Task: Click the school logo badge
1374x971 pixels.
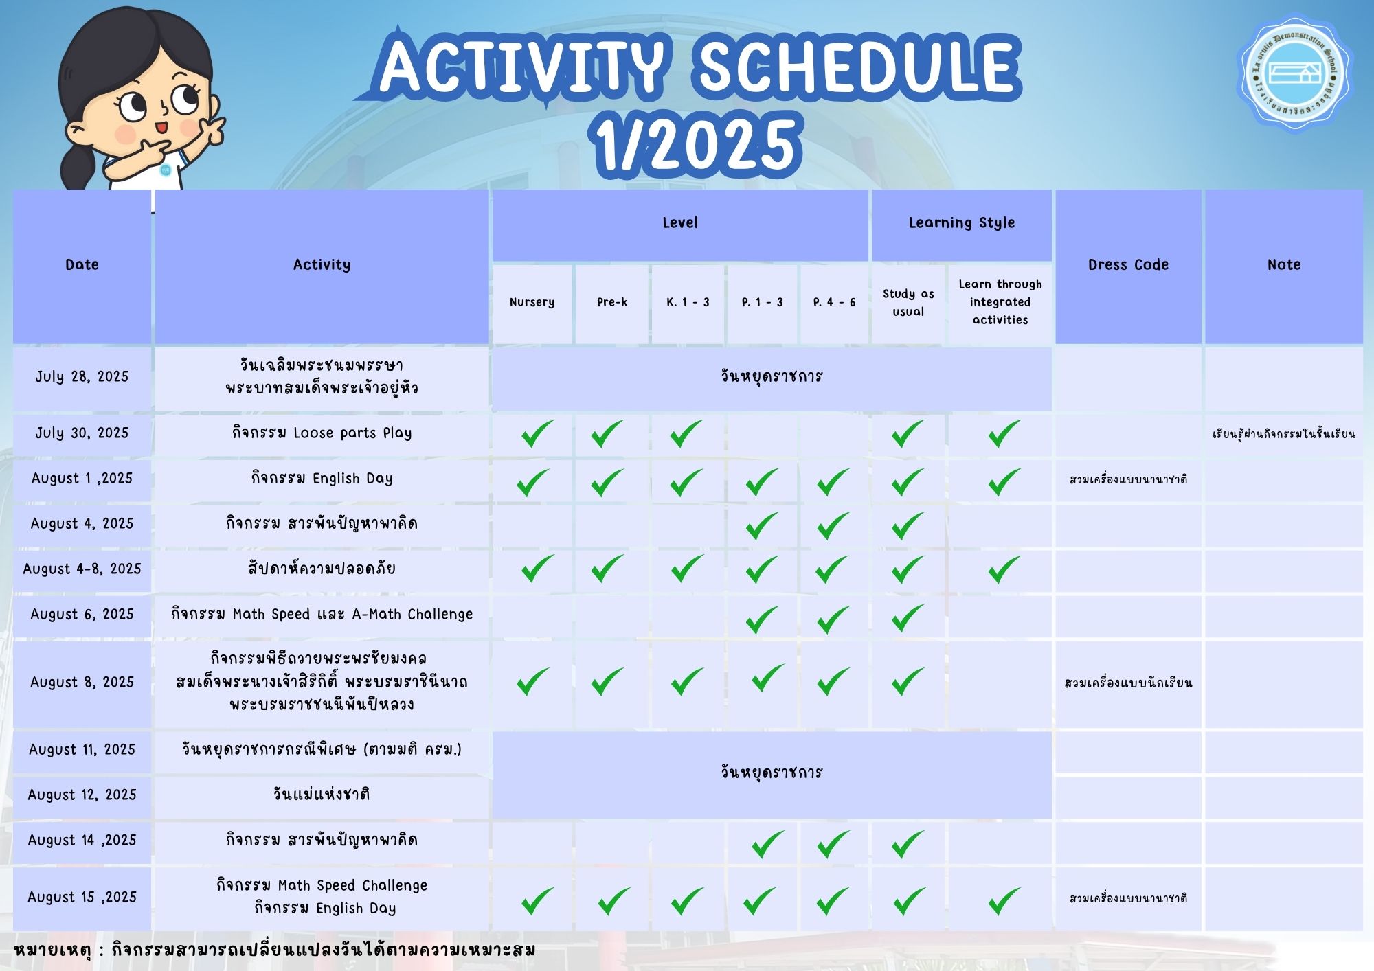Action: pyautogui.click(x=1293, y=73)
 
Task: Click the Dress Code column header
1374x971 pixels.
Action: pyautogui.click(x=1128, y=264)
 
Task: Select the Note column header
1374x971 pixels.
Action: pyautogui.click(x=1284, y=264)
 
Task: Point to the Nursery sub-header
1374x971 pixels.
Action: pyautogui.click(x=532, y=302)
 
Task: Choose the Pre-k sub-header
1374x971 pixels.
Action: pyautogui.click(x=611, y=302)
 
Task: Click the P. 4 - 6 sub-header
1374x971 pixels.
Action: pyautogui.click(x=834, y=302)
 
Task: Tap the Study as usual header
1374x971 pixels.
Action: pyautogui.click(x=908, y=302)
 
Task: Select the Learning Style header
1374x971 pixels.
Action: pyautogui.click(x=962, y=222)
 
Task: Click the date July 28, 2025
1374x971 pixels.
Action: pyautogui.click(x=82, y=376)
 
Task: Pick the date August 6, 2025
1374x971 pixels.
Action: pyautogui.click(x=82, y=614)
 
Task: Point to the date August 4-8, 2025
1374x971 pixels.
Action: pyautogui.click(x=82, y=569)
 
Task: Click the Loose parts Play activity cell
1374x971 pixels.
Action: pyautogui.click(x=322, y=433)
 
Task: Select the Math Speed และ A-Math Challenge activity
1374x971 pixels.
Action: pyautogui.click(x=322, y=614)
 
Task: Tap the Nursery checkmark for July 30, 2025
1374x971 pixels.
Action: pyautogui.click(x=537, y=433)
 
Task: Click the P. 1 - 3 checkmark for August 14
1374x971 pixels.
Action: pyautogui.click(x=767, y=844)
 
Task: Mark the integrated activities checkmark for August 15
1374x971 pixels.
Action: pyautogui.click(x=1004, y=901)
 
